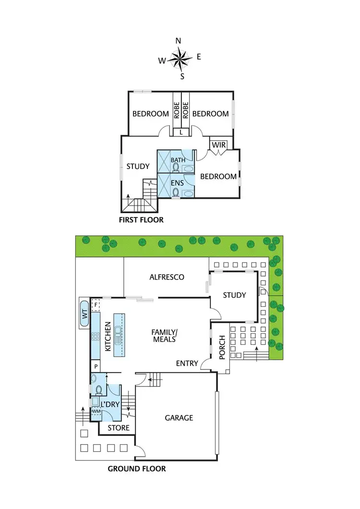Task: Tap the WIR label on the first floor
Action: [x=218, y=145]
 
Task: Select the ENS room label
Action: [x=177, y=182]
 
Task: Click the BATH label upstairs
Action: [x=178, y=160]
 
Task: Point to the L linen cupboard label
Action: [x=181, y=132]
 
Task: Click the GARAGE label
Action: [x=179, y=418]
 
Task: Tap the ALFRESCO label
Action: [x=167, y=277]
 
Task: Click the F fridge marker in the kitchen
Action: [x=96, y=304]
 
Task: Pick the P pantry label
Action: [x=96, y=366]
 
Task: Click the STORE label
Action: [x=118, y=428]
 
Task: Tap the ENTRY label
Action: [x=187, y=364]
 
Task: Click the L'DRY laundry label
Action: [x=110, y=405]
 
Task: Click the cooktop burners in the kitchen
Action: [x=95, y=337]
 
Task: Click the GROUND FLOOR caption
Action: [x=137, y=469]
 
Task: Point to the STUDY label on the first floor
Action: [x=138, y=167]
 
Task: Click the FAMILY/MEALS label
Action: [x=164, y=335]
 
